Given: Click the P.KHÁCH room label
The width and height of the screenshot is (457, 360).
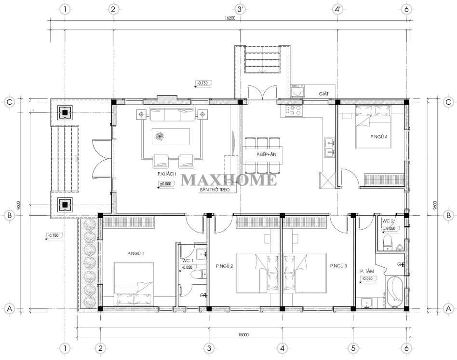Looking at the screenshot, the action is click(167, 174).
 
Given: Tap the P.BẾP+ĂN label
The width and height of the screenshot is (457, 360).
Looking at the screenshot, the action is click(266, 154).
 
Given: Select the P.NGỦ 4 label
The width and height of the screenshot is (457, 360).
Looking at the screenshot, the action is click(378, 137).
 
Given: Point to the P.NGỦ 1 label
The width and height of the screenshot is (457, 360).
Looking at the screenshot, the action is click(135, 253).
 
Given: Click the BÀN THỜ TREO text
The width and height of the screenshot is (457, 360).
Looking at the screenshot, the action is click(215, 190).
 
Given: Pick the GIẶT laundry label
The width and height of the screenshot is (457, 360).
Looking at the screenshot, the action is click(323, 94).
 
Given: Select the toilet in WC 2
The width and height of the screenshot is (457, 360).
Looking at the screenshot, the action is click(388, 242).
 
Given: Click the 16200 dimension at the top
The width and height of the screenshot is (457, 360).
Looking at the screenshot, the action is click(229, 18).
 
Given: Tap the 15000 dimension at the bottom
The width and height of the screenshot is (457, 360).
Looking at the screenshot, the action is click(243, 334).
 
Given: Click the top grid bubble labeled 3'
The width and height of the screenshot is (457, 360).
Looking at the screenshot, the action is click(240, 9).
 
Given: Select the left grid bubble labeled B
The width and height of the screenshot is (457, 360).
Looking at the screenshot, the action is click(10, 215).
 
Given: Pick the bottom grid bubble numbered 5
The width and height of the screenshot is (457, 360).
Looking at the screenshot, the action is click(353, 348).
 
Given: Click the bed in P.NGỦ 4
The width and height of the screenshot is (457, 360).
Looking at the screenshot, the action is click(373, 127).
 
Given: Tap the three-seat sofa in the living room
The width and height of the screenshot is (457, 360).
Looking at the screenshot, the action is click(172, 114).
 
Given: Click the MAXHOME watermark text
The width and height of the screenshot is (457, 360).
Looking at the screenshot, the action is click(229, 180).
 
